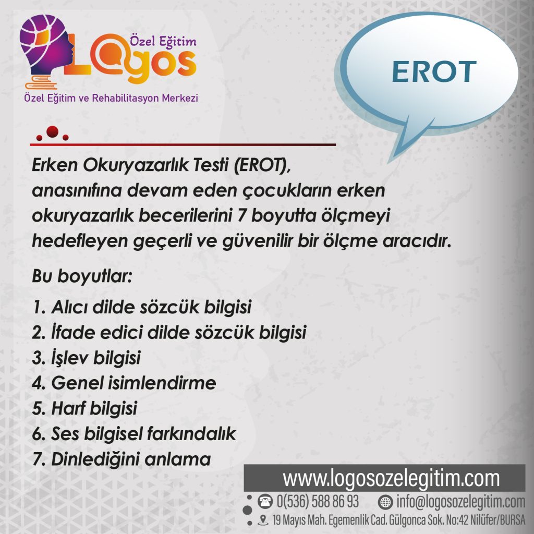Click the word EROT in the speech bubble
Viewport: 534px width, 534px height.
coord(434,71)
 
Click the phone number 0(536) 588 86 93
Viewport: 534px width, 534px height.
coord(318,502)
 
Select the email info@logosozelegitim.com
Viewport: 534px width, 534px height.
coord(461,502)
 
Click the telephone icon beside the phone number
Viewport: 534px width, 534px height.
coord(265,502)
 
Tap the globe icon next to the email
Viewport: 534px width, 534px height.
coord(385,502)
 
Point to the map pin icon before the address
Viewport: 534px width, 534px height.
coord(263,520)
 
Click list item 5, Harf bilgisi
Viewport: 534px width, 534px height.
coord(85,409)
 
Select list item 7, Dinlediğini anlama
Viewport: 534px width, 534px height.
coord(122,459)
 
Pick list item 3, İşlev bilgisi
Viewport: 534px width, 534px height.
coord(87,358)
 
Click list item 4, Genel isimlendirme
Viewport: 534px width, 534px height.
coord(124,383)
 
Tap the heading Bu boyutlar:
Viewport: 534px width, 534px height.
coord(82,276)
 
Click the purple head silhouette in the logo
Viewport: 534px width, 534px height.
coord(46,44)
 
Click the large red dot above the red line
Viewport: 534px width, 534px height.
coord(53,131)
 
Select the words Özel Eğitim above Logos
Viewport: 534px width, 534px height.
coord(163,42)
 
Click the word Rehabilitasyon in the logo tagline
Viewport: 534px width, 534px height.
coord(125,98)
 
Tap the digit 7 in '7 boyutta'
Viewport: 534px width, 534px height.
coord(242,215)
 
